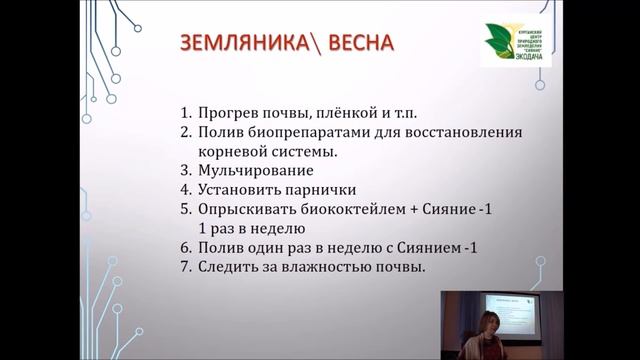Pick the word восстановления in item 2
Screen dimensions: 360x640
(460, 132)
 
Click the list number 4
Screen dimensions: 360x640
(186, 190)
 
